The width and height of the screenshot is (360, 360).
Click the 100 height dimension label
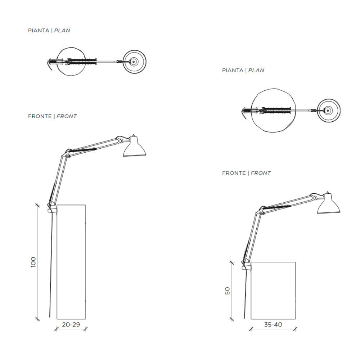tap(33, 262)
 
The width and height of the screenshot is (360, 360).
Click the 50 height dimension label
tap(227, 291)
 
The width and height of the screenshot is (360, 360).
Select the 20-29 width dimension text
tap(71, 324)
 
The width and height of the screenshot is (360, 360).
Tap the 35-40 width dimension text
tap(273, 324)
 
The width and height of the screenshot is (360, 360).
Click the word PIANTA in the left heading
tap(39, 31)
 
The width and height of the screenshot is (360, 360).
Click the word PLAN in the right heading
tap(256, 70)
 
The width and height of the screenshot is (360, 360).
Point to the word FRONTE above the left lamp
tap(40, 116)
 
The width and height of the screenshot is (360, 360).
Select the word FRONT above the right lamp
tap(261, 173)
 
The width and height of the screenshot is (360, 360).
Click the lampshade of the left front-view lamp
tap(135, 147)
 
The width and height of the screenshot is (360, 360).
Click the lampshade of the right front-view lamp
tap(329, 204)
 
